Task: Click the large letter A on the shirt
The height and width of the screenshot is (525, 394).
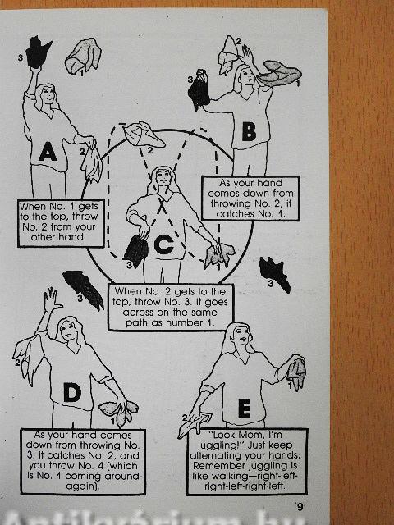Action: [48, 153]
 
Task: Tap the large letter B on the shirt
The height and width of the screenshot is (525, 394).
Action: [249, 131]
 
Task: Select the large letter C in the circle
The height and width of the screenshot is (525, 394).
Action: [163, 244]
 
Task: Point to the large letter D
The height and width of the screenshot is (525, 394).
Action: [72, 392]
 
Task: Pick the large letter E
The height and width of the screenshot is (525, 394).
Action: [244, 409]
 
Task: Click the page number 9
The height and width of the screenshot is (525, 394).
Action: [300, 507]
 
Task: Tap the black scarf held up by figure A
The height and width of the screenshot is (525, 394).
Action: [38, 52]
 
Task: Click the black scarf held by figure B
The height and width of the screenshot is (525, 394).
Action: [199, 90]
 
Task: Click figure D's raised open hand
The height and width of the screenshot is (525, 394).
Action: [53, 299]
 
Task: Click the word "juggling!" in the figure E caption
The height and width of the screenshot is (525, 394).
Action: [218, 445]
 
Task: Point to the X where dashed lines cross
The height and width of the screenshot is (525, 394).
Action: [162, 205]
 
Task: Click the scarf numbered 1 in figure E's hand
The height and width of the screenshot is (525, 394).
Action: [296, 373]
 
